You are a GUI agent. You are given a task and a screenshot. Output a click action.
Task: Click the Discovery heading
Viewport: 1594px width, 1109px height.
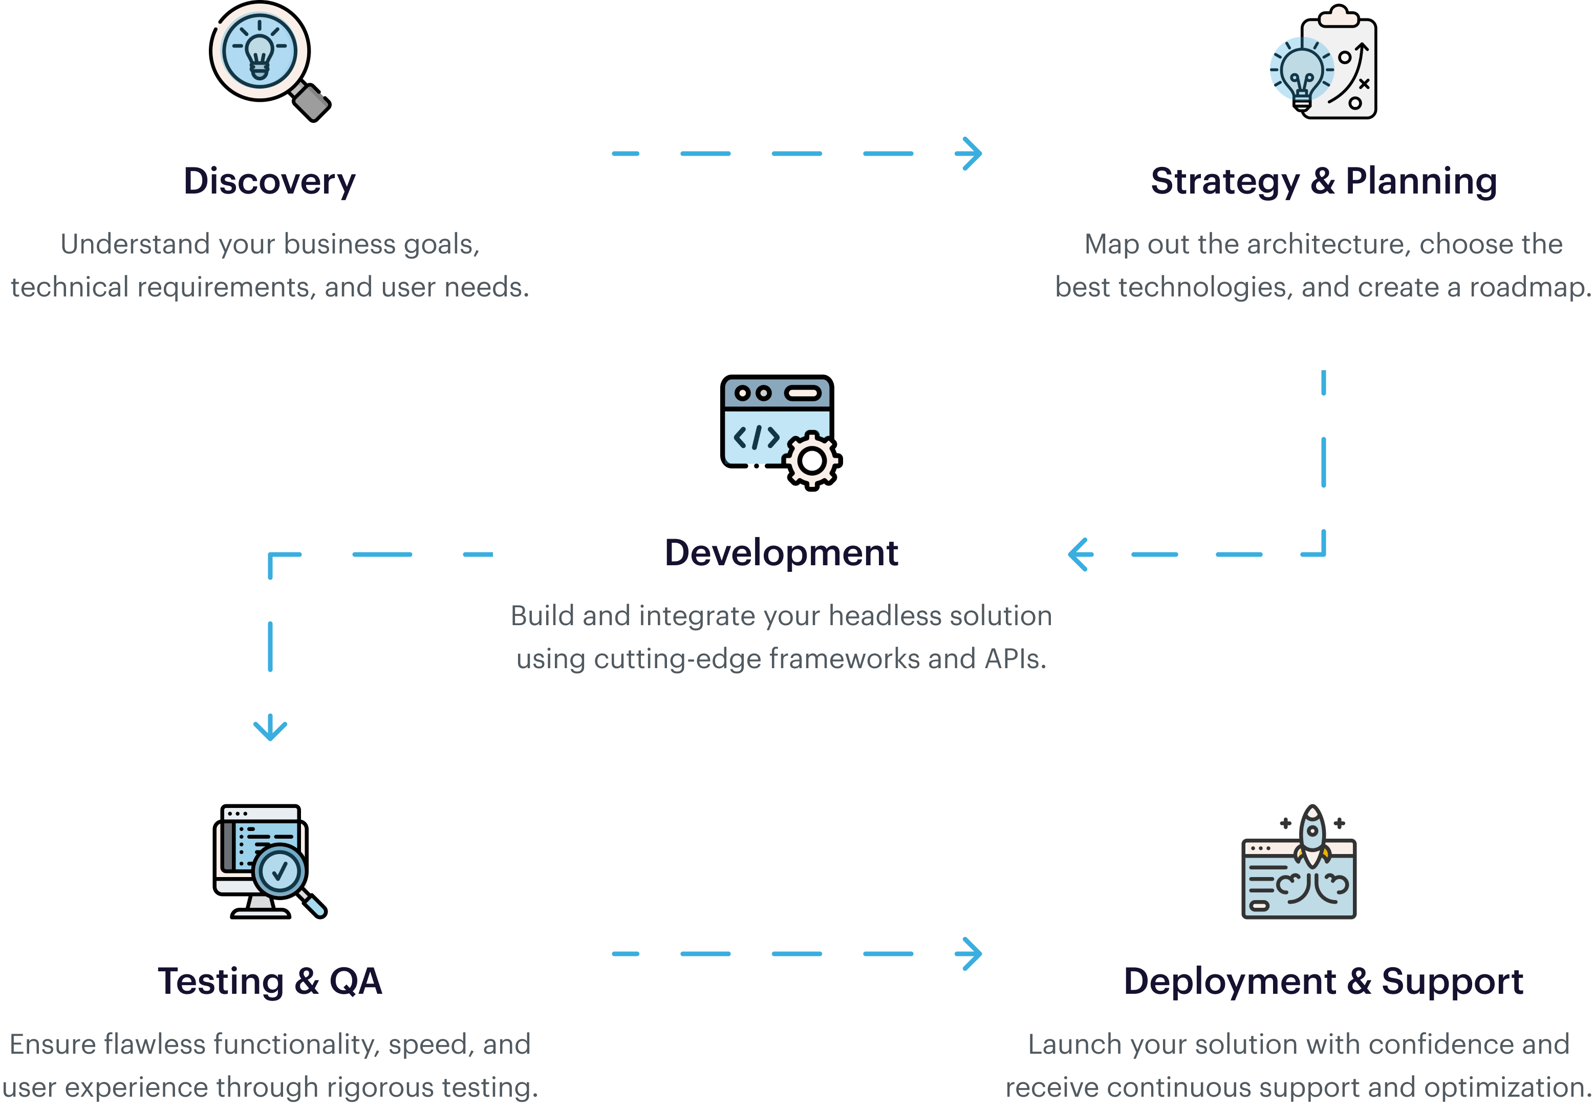click(x=269, y=181)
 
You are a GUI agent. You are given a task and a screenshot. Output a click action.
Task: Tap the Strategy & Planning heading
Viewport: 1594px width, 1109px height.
click(x=1323, y=181)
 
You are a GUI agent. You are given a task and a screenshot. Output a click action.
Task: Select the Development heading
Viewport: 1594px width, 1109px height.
click(x=781, y=553)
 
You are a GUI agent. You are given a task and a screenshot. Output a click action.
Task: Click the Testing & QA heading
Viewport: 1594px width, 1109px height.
click(x=269, y=981)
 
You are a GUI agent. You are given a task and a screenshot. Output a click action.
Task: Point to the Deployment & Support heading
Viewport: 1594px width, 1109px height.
click(x=1323, y=981)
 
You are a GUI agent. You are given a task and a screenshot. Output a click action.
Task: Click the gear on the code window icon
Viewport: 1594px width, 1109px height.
click(x=811, y=460)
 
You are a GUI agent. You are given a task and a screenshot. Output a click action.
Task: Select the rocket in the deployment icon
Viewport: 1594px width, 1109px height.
click(x=1312, y=834)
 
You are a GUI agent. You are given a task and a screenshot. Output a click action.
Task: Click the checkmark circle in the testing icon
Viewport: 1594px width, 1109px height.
click(x=279, y=871)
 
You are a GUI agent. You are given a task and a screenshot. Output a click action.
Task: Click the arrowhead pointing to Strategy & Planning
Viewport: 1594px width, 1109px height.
click(x=970, y=154)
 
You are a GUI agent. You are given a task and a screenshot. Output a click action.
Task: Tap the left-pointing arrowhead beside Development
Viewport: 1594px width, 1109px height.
click(x=1080, y=554)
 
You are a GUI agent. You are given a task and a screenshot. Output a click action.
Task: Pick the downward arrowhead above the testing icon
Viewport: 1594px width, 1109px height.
click(x=270, y=729)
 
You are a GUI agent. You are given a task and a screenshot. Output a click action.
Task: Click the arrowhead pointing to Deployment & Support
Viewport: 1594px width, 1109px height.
click(x=970, y=953)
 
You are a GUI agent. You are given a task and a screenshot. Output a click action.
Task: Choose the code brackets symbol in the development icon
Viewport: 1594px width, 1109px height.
click(x=756, y=437)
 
